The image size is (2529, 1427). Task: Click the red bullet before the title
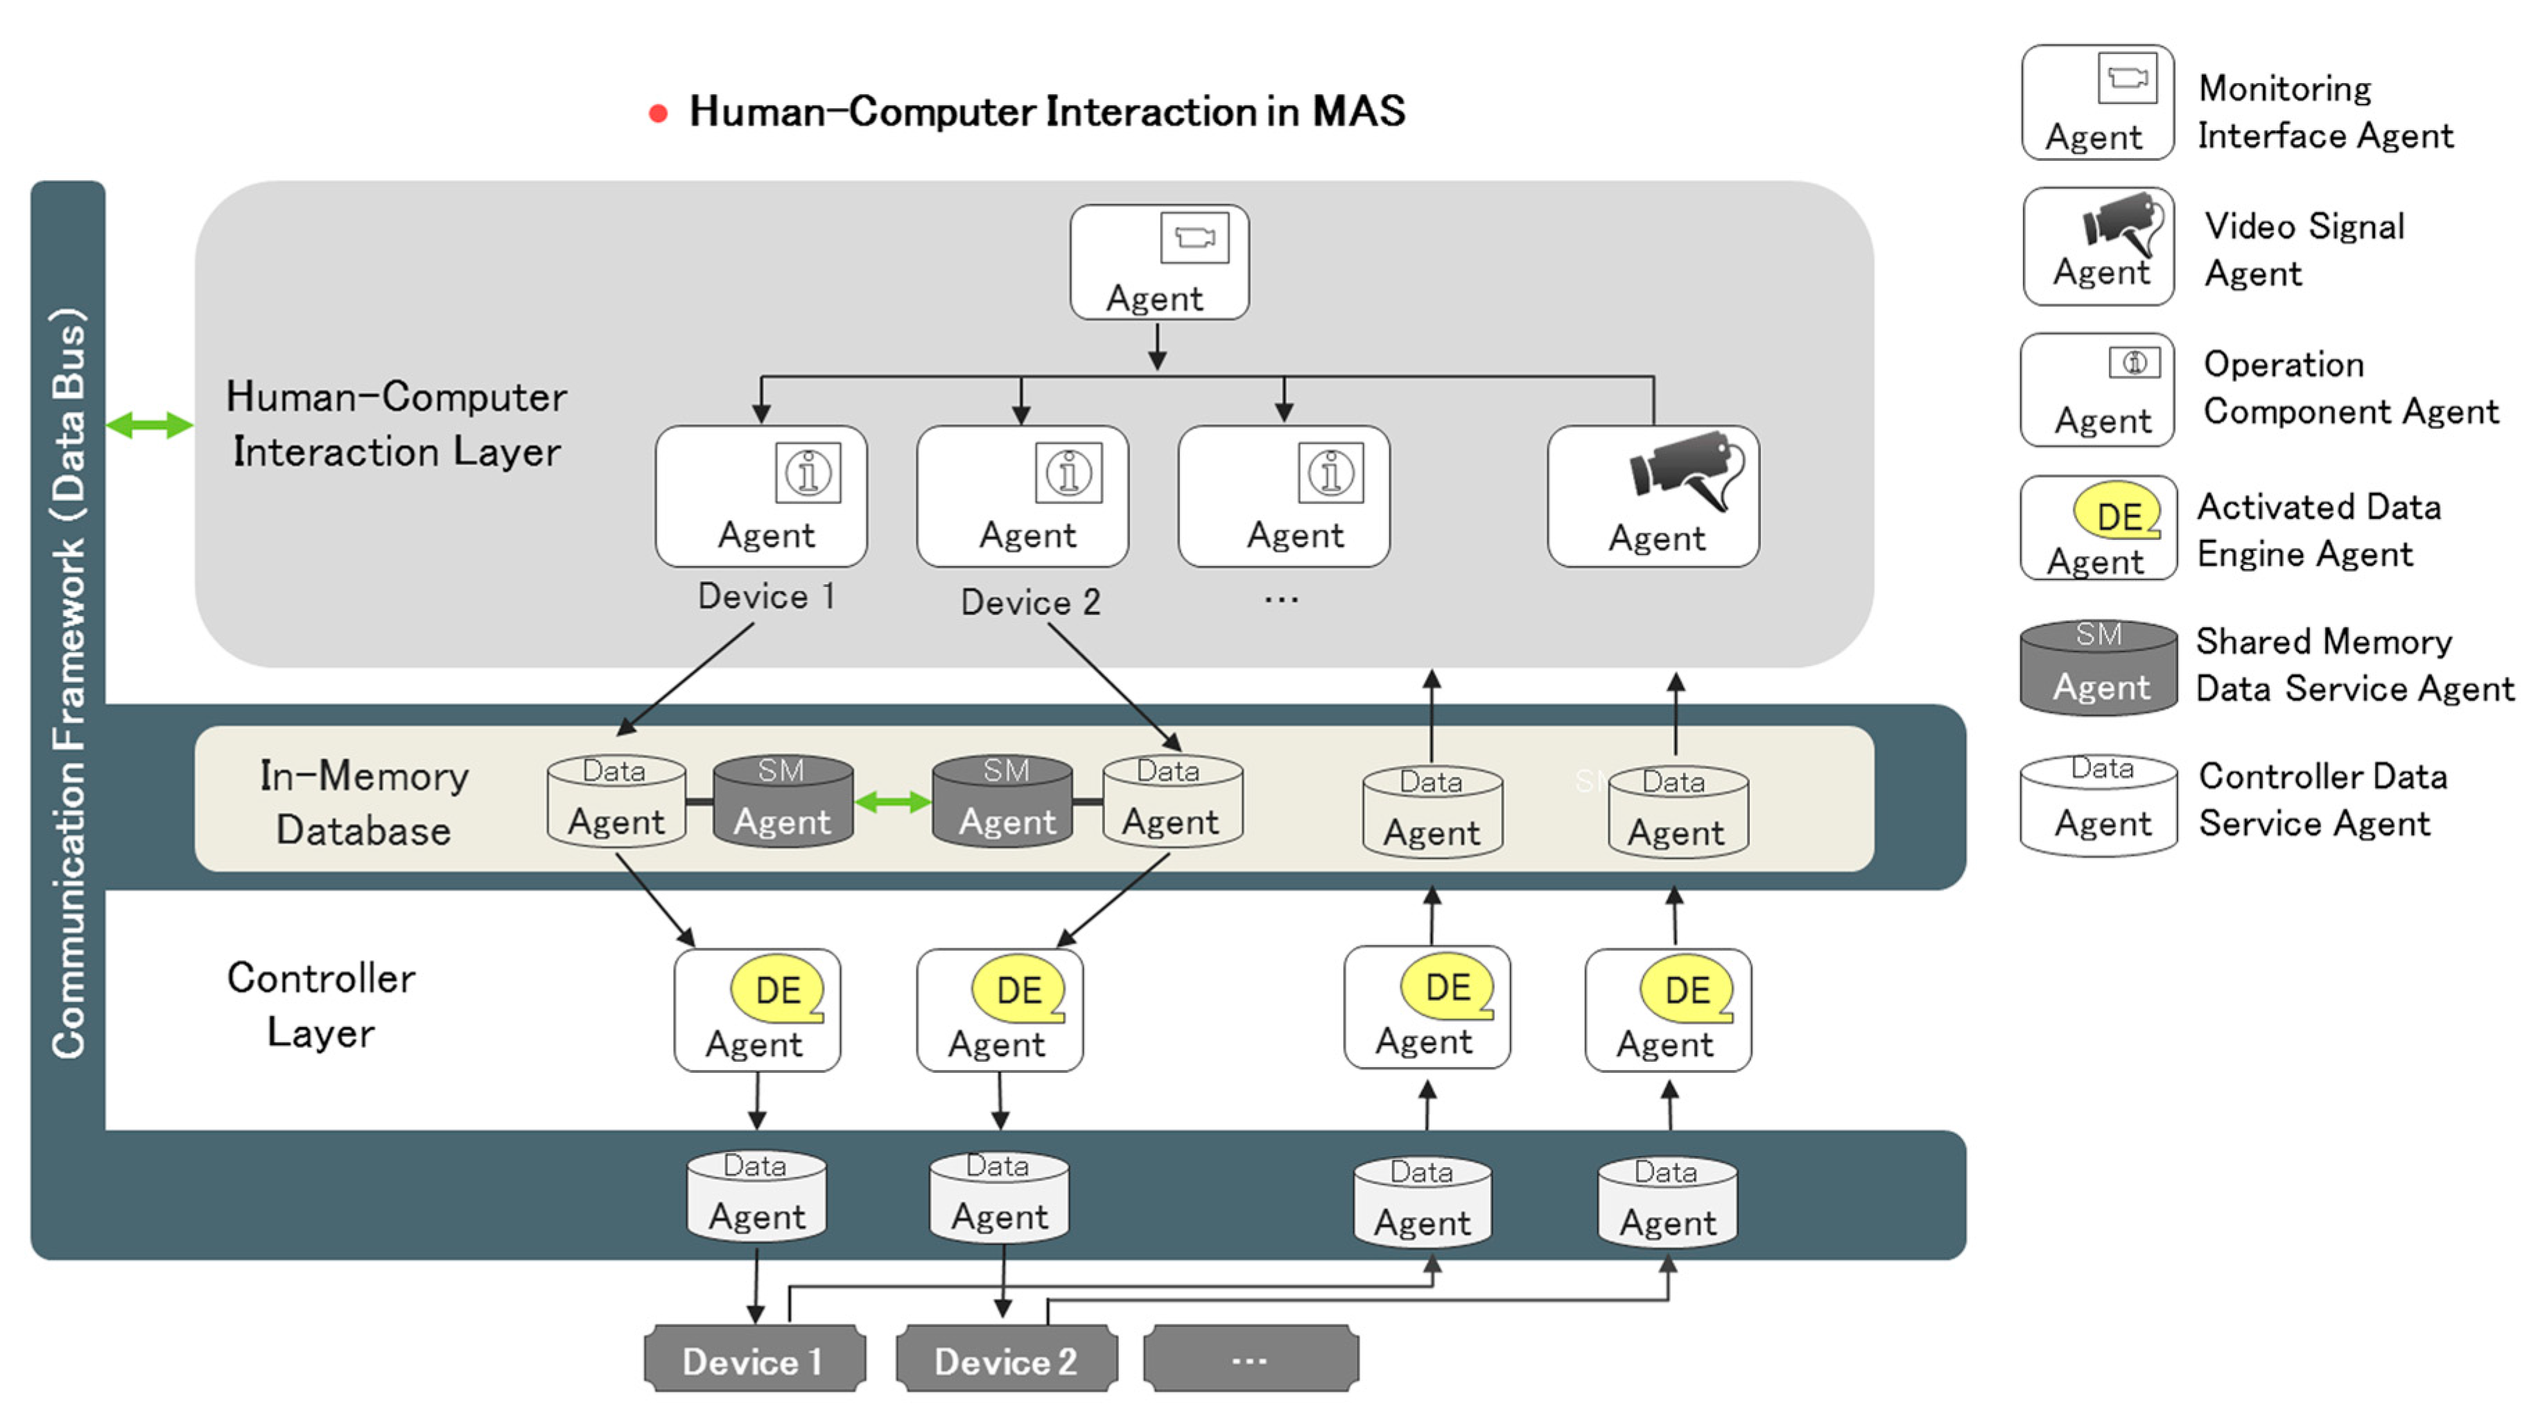[659, 114]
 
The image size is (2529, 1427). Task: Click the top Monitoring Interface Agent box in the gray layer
[1158, 262]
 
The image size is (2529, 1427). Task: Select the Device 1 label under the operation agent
[766, 597]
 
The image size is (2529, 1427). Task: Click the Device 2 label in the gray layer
[1030, 602]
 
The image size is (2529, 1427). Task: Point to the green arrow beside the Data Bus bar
[149, 425]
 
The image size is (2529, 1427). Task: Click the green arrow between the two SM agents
[892, 802]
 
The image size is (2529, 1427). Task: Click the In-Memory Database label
[363, 803]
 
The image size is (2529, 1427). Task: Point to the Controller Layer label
[321, 1005]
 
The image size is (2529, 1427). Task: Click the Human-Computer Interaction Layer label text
[396, 424]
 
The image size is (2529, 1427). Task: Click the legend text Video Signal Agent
[2303, 249]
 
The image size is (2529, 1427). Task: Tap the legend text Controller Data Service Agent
[2322, 799]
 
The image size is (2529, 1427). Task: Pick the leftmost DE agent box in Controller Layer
[757, 1010]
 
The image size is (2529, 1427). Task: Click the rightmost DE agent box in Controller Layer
[1667, 1010]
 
